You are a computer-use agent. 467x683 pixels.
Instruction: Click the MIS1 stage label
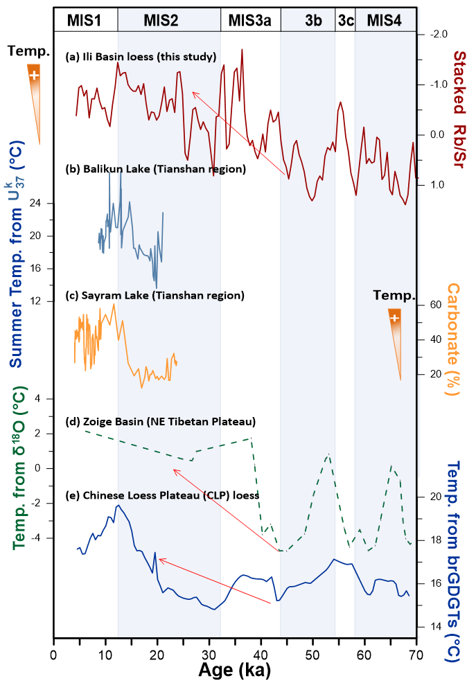click(84, 21)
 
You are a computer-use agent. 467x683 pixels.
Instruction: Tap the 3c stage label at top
click(345, 21)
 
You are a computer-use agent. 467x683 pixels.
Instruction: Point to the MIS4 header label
click(383, 21)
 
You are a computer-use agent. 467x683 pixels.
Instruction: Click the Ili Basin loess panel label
click(141, 55)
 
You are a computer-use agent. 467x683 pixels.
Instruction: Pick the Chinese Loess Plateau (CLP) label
click(162, 495)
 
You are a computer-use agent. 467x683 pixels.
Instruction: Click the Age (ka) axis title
click(234, 670)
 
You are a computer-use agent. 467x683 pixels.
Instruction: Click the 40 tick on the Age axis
click(261, 655)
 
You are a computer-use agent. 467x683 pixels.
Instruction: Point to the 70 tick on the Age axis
click(416, 655)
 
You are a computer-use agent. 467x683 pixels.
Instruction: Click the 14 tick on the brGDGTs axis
click(435, 626)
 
